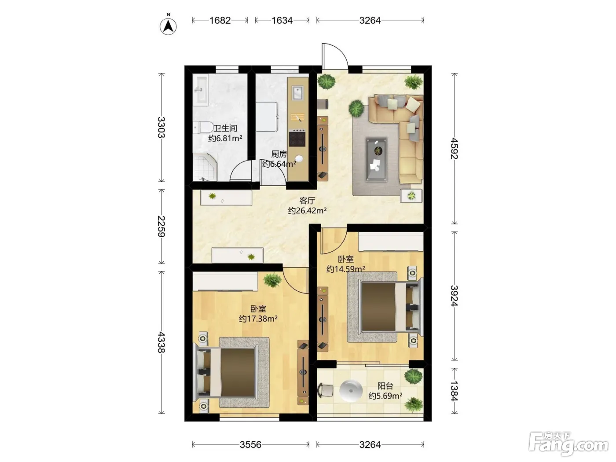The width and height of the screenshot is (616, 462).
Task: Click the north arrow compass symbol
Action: click(168, 26)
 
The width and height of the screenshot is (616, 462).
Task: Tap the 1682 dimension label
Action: click(220, 20)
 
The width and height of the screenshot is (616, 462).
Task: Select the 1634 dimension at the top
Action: click(282, 20)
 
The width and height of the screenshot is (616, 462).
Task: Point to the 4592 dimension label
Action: click(454, 148)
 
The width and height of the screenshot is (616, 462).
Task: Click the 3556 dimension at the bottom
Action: click(250, 444)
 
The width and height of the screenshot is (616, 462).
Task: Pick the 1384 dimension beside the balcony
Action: click(454, 391)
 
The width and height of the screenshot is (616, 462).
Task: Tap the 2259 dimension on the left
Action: click(161, 226)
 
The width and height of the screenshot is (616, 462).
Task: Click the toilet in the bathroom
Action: click(203, 128)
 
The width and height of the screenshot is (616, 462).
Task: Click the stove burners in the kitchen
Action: click(297, 138)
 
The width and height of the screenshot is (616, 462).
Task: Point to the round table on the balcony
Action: click(351, 390)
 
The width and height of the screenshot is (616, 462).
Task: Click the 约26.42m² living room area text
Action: click(307, 210)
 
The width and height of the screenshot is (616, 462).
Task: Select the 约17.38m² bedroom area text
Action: click(258, 319)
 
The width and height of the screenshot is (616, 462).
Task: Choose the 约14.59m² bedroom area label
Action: click(345, 269)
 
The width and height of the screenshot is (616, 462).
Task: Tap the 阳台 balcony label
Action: click(385, 386)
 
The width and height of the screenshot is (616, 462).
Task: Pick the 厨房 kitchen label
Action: click(279, 154)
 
